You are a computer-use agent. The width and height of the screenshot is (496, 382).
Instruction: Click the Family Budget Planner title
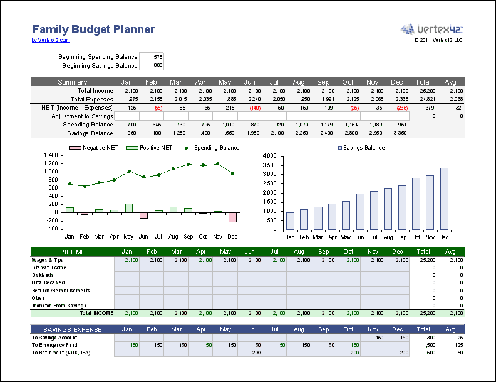click(93, 29)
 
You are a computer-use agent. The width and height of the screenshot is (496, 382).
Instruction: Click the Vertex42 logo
click(431, 29)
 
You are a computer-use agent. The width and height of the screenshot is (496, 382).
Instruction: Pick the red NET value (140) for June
click(254, 108)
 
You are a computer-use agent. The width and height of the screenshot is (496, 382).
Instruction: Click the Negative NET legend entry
click(94, 148)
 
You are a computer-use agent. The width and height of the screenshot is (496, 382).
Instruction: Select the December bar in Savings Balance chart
click(444, 199)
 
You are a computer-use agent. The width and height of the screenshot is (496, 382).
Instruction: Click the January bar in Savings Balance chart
click(290, 221)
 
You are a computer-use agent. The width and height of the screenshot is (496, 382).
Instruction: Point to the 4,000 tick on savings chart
click(269, 155)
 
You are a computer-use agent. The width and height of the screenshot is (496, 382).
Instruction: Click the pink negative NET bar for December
click(233, 217)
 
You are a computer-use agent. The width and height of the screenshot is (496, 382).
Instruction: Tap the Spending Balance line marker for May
click(129, 171)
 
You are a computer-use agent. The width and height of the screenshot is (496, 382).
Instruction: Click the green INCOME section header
click(72, 252)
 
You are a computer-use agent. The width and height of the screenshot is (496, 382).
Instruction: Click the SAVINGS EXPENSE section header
click(72, 329)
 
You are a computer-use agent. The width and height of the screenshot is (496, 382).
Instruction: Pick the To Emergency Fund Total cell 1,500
click(429, 345)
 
